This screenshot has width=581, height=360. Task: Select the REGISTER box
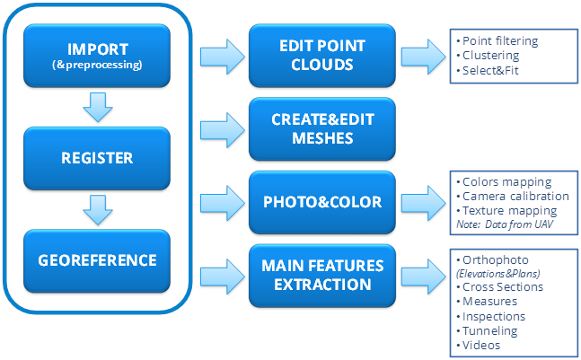tap(98, 157)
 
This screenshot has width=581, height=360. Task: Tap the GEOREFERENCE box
tap(98, 261)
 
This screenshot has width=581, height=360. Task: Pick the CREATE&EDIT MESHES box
tap(322, 128)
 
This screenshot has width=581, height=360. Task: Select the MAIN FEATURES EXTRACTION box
tap(322, 274)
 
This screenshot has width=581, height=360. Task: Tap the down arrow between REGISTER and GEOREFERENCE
tap(98, 210)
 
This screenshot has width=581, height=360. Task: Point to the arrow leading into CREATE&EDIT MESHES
tap(219, 127)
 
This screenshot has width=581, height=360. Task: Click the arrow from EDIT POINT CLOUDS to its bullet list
tap(422, 56)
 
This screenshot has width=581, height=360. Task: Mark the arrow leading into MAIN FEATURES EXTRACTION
tap(219, 274)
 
